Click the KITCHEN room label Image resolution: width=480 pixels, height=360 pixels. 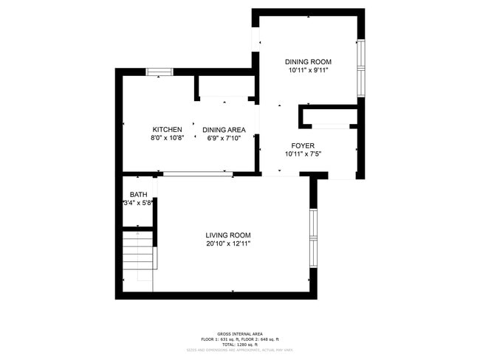coord(167,129)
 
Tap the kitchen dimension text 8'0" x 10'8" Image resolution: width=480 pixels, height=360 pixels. coord(167,138)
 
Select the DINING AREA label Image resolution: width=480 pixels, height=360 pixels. coord(224,129)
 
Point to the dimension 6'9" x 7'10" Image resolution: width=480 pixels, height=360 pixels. coord(224,138)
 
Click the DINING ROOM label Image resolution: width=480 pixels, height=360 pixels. coord(308,62)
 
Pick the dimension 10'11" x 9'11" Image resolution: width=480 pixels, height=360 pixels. coord(308,71)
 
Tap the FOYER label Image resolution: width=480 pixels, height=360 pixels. coord(303,145)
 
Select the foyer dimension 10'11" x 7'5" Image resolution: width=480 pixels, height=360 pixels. coord(303,154)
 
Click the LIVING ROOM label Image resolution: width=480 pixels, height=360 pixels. coord(228,235)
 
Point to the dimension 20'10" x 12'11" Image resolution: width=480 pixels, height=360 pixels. coord(228,244)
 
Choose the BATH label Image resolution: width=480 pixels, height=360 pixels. coord(138,195)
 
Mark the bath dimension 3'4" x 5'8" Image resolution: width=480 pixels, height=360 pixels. coord(138,204)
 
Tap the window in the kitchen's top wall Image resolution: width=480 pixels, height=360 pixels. coord(159,72)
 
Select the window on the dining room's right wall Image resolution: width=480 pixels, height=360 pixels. coord(361,67)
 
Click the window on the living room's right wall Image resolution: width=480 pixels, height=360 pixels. coord(313,238)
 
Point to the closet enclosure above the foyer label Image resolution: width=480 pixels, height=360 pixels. coord(329,117)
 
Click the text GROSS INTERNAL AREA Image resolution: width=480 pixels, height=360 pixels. coord(240,333)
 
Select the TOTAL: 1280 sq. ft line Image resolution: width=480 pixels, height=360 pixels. coord(240,344)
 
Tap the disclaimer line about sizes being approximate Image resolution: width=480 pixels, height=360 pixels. coord(240,350)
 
